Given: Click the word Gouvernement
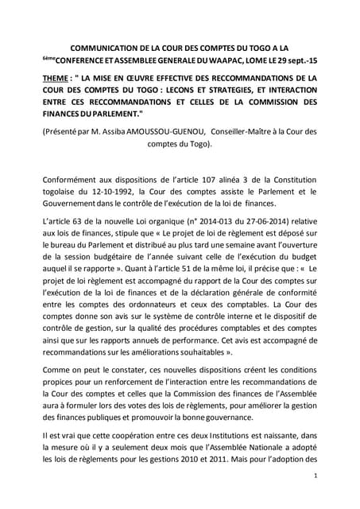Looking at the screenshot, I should point(77,204).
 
